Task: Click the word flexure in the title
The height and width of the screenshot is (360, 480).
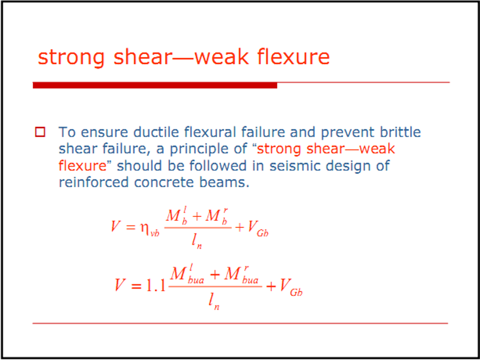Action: click(x=293, y=56)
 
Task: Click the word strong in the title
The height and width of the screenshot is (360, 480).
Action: click(x=71, y=58)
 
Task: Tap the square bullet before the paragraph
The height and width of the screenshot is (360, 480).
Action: click(x=40, y=132)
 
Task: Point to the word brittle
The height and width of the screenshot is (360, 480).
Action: click(x=400, y=132)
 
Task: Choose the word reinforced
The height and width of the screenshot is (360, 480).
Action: click(x=94, y=182)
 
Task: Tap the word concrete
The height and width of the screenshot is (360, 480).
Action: click(x=164, y=182)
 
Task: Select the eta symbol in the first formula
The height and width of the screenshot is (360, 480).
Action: click(x=145, y=227)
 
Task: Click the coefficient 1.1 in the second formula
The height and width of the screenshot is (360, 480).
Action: click(x=156, y=285)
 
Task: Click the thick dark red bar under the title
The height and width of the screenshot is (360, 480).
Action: click(x=155, y=85)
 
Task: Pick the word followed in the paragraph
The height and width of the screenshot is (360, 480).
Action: click(x=218, y=166)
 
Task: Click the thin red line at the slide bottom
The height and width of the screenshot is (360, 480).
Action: click(x=240, y=323)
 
